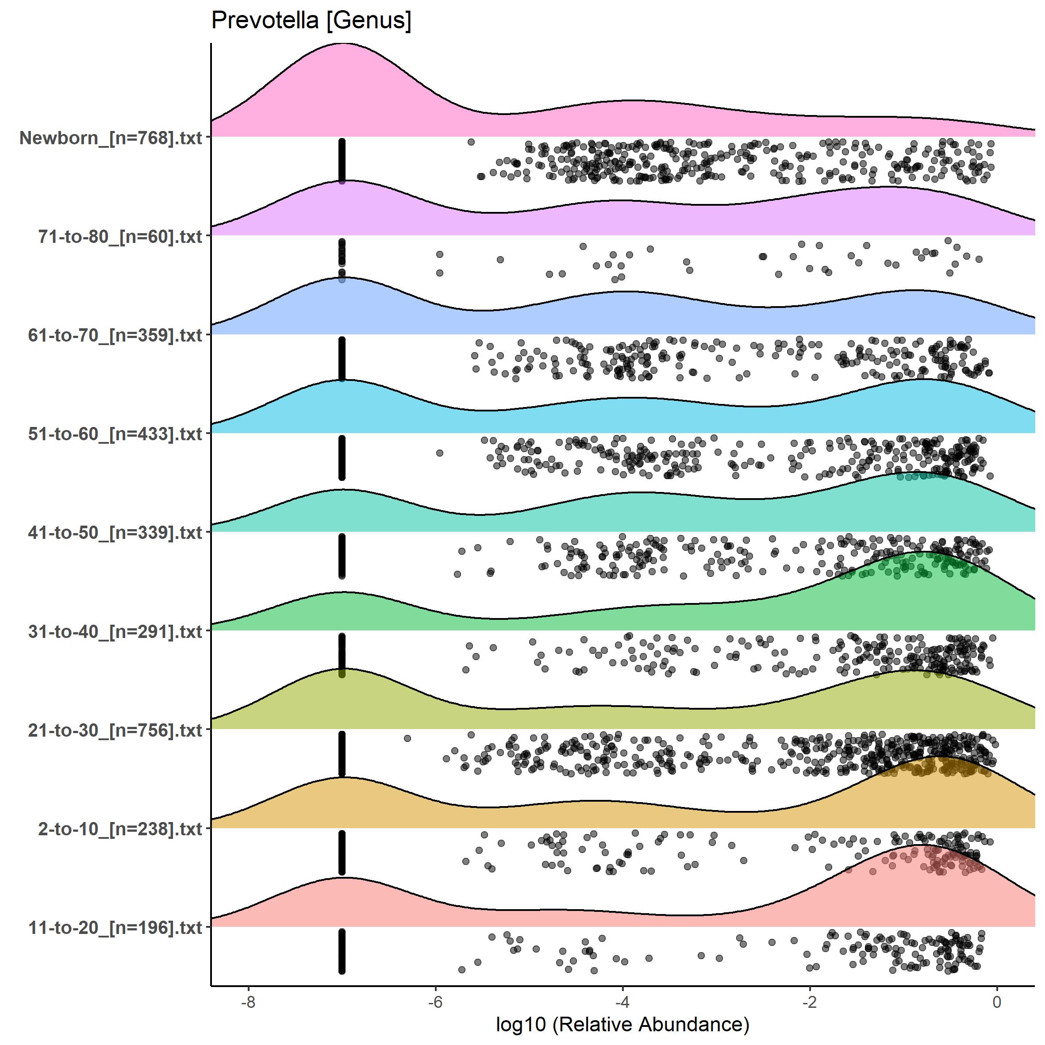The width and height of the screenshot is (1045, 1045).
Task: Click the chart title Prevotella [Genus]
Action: (x=311, y=20)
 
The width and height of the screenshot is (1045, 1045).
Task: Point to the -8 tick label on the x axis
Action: (x=248, y=1002)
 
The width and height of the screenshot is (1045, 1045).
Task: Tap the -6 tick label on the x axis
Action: (x=435, y=1002)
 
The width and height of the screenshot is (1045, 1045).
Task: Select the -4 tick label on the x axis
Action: (x=622, y=1002)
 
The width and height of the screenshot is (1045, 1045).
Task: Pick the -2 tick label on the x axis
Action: (x=810, y=1002)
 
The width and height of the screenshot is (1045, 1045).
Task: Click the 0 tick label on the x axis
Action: (x=997, y=1002)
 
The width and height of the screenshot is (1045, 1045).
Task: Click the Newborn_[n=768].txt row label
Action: (x=111, y=138)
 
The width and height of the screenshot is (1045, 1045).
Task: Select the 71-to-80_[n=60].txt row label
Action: (x=120, y=236)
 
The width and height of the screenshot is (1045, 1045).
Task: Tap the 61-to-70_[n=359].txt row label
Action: (x=115, y=335)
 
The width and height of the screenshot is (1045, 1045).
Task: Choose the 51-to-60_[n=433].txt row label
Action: (x=115, y=434)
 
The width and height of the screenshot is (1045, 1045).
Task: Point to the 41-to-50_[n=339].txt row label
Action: (x=115, y=533)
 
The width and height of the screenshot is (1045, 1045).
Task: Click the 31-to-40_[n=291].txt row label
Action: (x=115, y=631)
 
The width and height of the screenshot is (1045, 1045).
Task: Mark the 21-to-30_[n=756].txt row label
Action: (x=115, y=730)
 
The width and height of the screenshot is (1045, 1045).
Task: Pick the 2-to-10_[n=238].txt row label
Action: (x=120, y=829)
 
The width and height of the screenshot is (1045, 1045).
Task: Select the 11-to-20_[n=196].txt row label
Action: (x=115, y=928)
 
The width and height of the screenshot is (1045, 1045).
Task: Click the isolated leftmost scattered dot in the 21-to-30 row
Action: (x=407, y=738)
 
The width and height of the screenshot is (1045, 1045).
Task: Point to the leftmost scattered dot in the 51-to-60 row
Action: (x=439, y=453)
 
